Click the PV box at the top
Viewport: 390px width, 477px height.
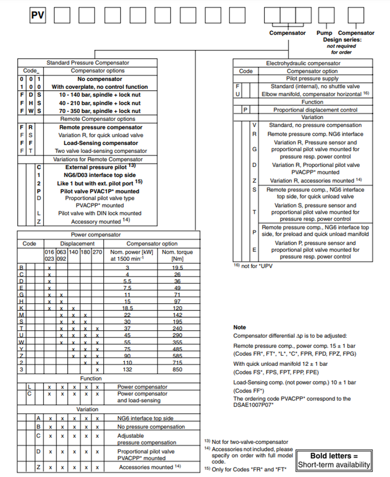[38, 16]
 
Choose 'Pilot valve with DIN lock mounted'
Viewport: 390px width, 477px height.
[100, 214]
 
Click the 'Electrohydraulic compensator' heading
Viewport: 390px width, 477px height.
[303, 63]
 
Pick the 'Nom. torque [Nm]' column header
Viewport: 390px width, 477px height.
[177, 255]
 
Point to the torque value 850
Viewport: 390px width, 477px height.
[177, 370]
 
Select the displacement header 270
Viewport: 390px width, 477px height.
[98, 252]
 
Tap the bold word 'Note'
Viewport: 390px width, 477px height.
[240, 327]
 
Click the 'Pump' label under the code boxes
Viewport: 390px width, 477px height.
[324, 33]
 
